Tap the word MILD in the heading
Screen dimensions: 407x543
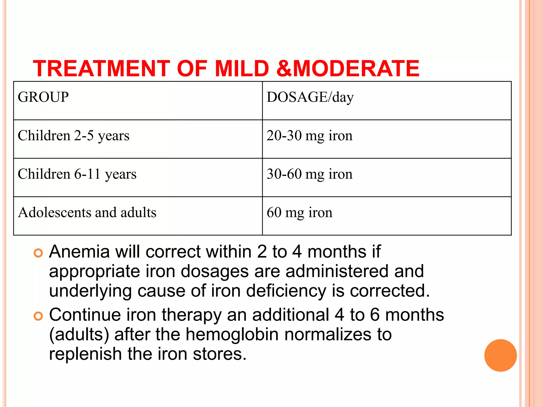tap(242, 68)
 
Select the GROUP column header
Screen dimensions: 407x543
tap(43, 97)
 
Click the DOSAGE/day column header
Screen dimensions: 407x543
tap(310, 97)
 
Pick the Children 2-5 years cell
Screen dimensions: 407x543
tap(73, 136)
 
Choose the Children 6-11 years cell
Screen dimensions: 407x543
tap(77, 174)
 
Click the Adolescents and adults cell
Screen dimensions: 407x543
tap(87, 213)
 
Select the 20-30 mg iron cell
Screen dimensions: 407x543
tap(309, 136)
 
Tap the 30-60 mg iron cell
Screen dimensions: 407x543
tap(309, 174)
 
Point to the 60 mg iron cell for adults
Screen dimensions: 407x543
tap(299, 213)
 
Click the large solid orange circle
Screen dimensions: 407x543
tap(500, 355)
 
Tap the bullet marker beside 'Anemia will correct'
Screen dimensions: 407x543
tap(38, 253)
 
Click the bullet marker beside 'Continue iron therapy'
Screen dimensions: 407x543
tap(38, 316)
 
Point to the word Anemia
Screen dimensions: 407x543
tap(79, 251)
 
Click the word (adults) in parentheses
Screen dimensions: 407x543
tap(79, 334)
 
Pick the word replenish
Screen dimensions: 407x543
tap(85, 354)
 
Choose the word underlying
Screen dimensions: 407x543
tap(90, 291)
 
